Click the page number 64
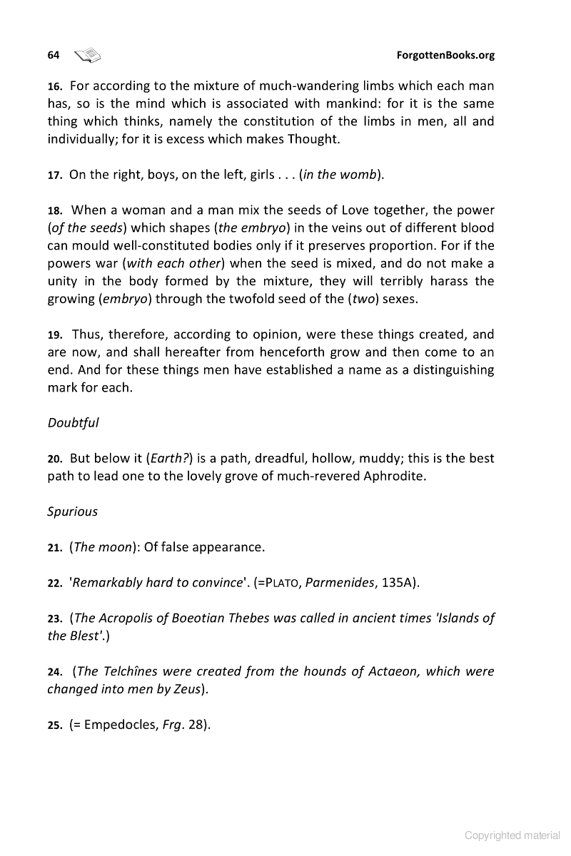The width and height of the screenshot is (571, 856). [x=53, y=55]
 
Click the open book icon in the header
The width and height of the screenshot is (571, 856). [x=88, y=54]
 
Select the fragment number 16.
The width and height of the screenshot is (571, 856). [x=55, y=86]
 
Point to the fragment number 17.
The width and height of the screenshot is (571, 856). [x=55, y=175]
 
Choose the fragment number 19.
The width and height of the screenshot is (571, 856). [x=55, y=335]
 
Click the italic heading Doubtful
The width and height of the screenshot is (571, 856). [x=73, y=422]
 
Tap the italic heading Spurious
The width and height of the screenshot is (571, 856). [x=72, y=511]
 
